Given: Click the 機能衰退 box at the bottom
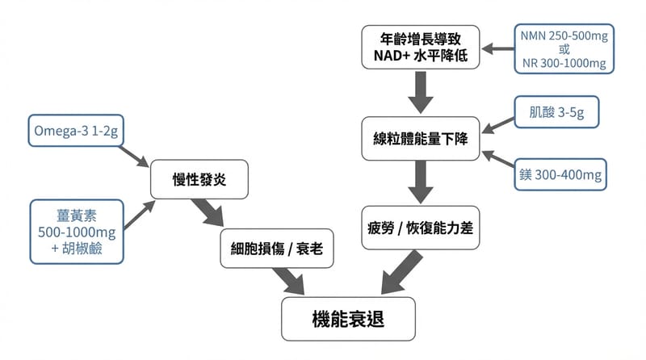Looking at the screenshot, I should [x=348, y=319].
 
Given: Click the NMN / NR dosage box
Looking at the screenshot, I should [x=564, y=48].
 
